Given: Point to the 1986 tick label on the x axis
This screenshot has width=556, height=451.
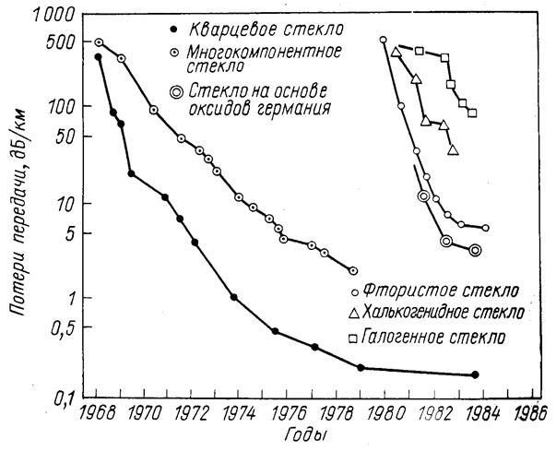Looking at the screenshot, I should pyautogui.click(x=526, y=412).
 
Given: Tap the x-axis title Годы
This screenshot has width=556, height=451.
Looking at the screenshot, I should pyautogui.click(x=310, y=433).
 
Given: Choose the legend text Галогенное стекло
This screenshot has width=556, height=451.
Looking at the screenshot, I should pyautogui.click(x=434, y=337).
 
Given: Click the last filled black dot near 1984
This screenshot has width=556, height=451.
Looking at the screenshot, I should pyautogui.click(x=475, y=374).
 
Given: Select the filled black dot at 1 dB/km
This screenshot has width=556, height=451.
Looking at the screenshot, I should pyautogui.click(x=234, y=297).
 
